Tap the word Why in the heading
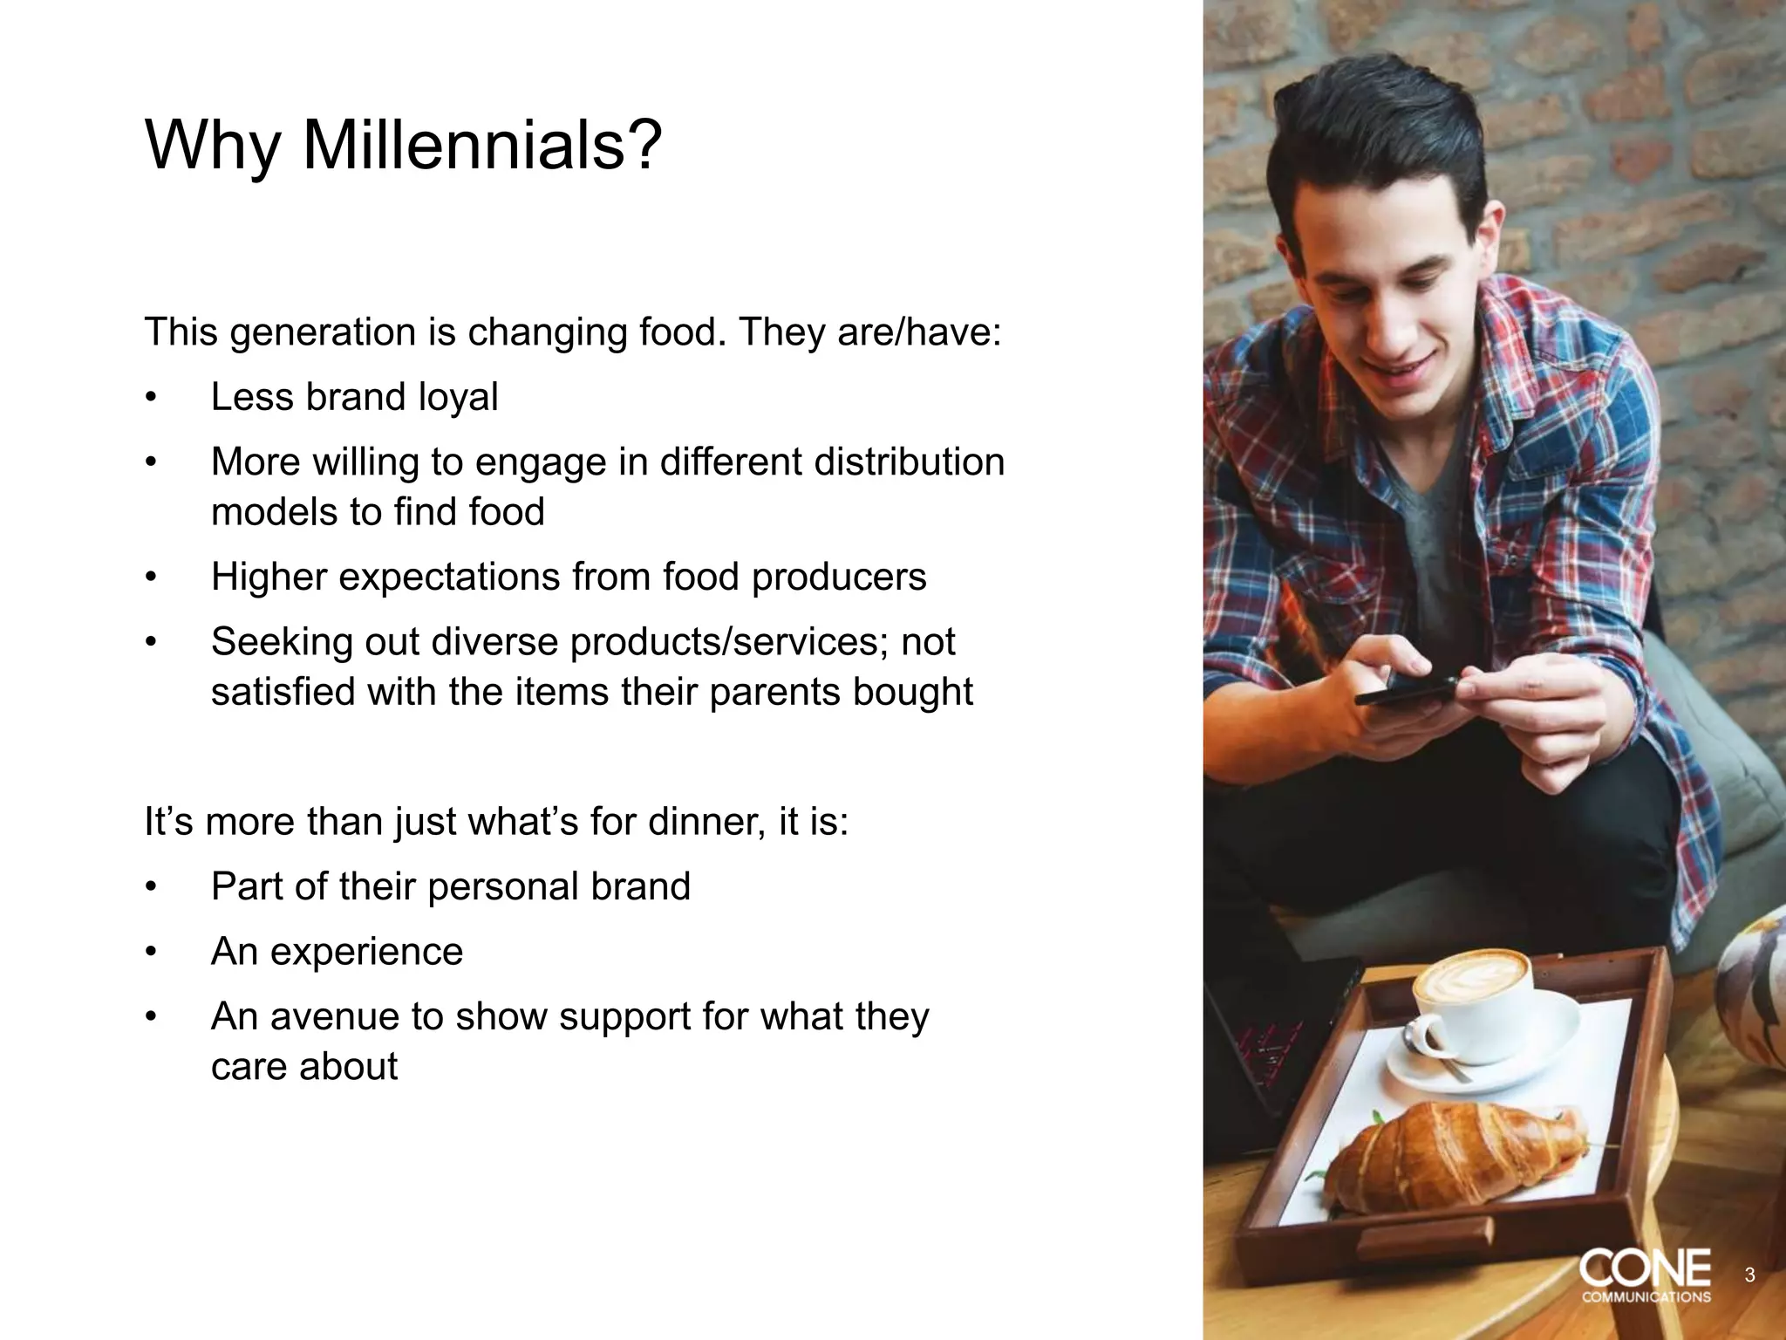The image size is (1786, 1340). (x=212, y=145)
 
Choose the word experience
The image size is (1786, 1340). (x=366, y=952)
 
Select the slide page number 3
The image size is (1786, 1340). (x=1749, y=1275)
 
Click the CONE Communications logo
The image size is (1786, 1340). (x=1645, y=1275)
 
